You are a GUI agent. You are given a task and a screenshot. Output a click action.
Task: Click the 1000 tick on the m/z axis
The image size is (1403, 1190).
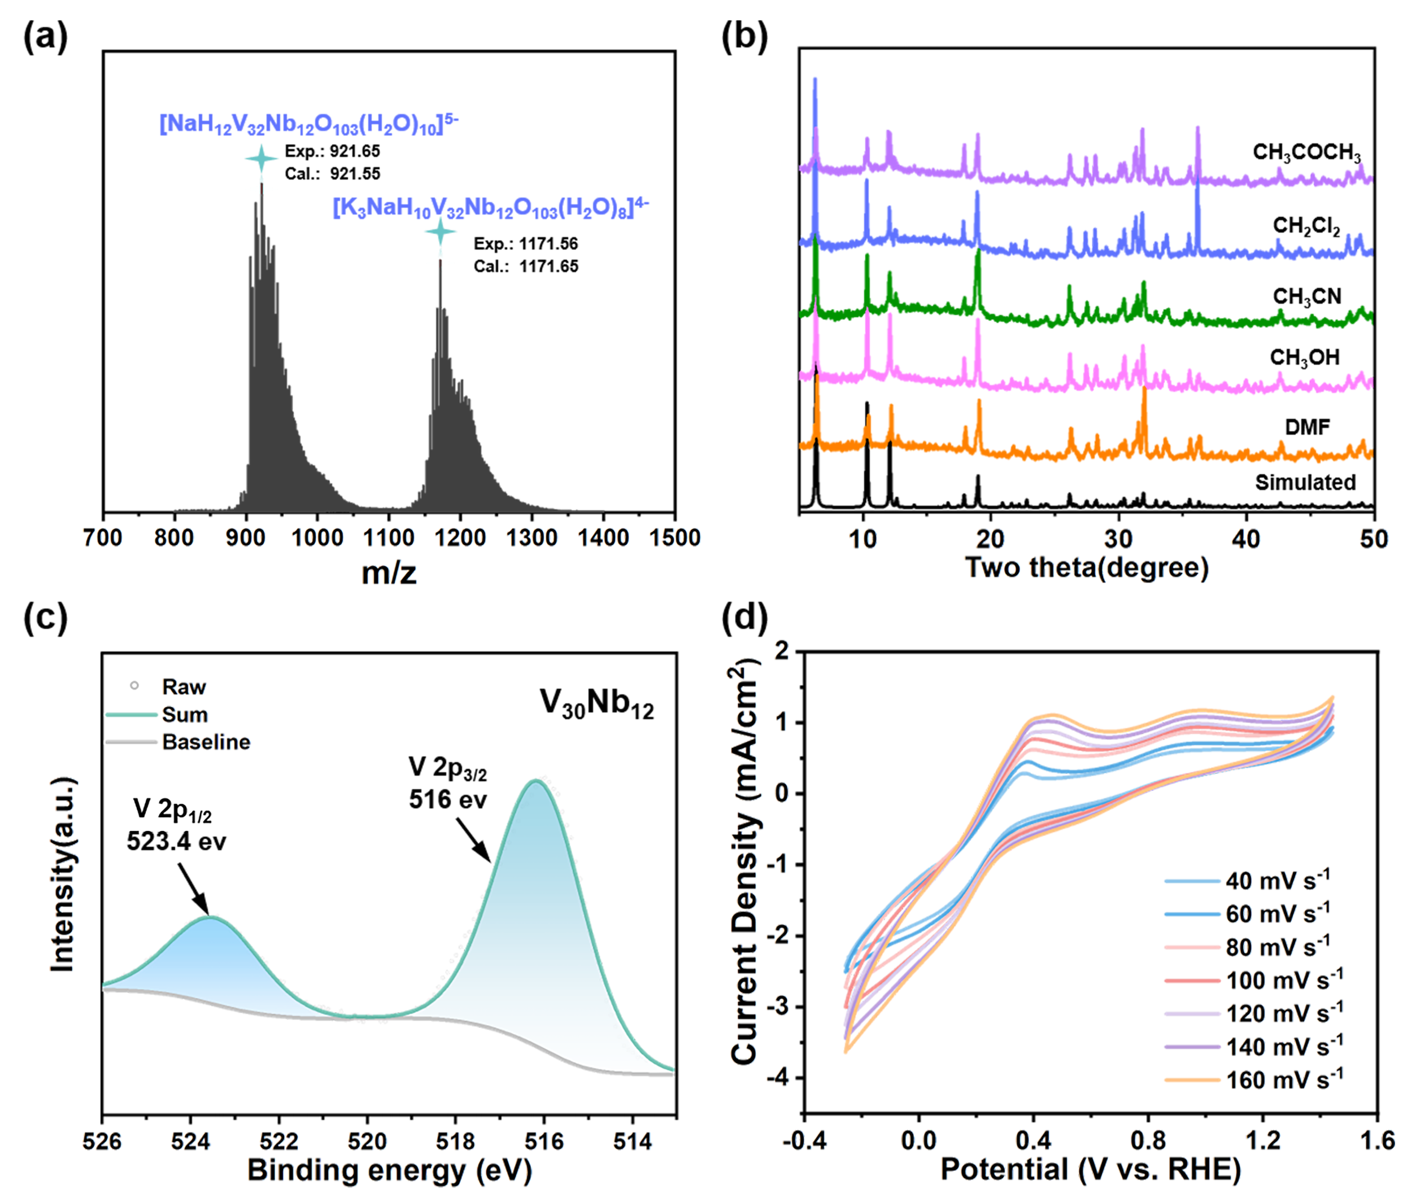pyautogui.click(x=316, y=537)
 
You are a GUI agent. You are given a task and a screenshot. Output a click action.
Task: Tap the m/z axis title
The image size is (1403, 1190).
pyautogui.click(x=389, y=574)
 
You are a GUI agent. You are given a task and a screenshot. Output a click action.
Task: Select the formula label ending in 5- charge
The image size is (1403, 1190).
pyautogui.click(x=309, y=124)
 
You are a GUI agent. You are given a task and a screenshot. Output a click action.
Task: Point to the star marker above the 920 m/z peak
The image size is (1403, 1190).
pyautogui.click(x=261, y=160)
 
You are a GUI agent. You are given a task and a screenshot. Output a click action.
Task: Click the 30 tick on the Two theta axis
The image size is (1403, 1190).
pyautogui.click(x=1118, y=539)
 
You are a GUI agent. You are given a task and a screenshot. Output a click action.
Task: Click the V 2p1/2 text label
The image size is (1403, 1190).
pyautogui.click(x=173, y=809)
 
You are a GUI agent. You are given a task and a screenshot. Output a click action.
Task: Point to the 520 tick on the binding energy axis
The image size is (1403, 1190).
pyautogui.click(x=367, y=1141)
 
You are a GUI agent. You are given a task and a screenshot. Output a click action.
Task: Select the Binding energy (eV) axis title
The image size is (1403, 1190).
pyautogui.click(x=389, y=1170)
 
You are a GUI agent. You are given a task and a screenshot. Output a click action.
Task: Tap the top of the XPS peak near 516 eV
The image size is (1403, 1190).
pyautogui.click(x=535, y=781)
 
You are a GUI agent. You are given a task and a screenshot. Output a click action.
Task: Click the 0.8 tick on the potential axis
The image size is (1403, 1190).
pyautogui.click(x=1148, y=1141)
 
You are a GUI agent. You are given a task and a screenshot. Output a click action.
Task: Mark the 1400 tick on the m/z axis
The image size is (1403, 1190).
pyautogui.click(x=603, y=537)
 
